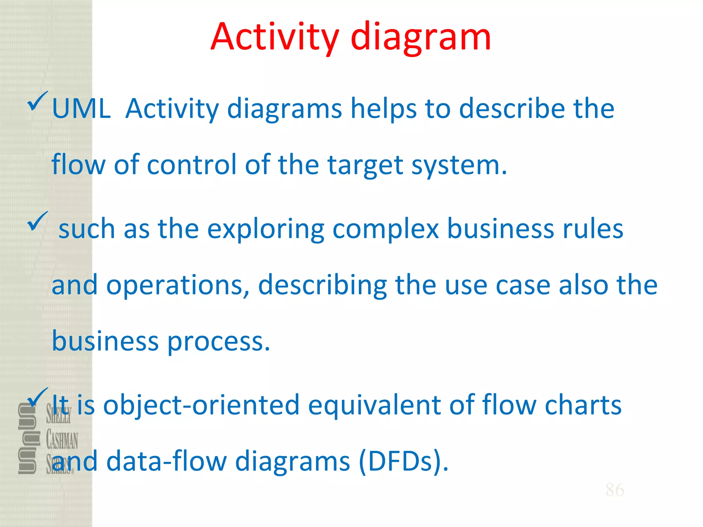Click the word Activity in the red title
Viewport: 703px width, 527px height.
pyautogui.click(x=275, y=37)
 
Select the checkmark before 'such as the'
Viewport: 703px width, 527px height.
pyautogui.click(x=37, y=221)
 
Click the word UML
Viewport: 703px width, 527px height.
pyautogui.click(x=81, y=108)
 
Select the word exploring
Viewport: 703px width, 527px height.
pyautogui.click(x=266, y=229)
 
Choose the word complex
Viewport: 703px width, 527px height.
pyautogui.click(x=385, y=229)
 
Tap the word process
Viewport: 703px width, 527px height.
pyautogui.click(x=218, y=342)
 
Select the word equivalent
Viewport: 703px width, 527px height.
pyautogui.click(x=374, y=405)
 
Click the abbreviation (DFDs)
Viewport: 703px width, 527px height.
pyautogui.click(x=403, y=462)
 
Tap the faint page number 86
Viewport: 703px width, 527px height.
pyautogui.click(x=614, y=490)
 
